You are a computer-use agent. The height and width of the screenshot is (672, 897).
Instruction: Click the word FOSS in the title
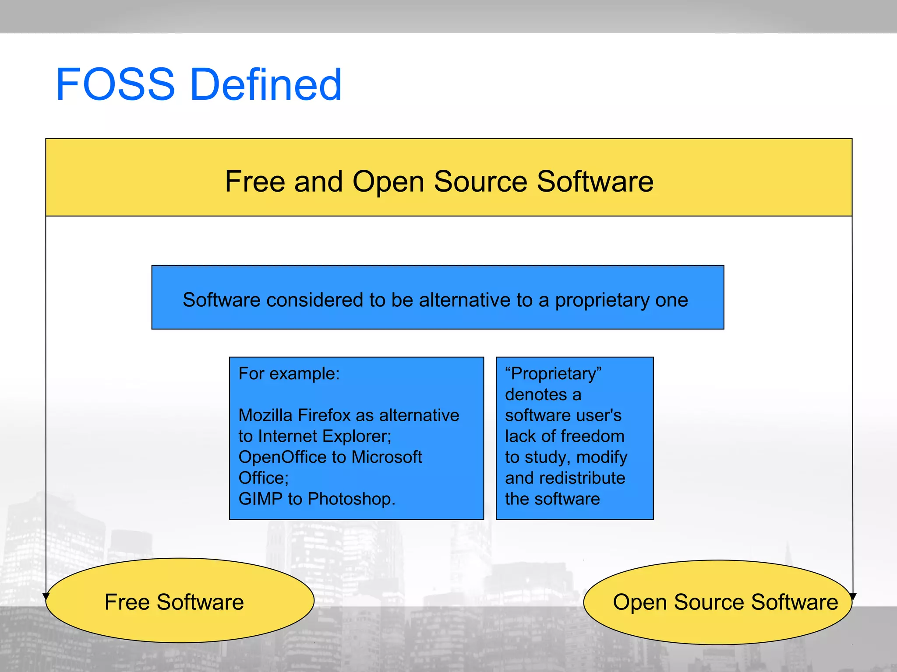(115, 84)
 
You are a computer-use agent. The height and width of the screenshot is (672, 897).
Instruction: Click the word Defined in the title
(266, 84)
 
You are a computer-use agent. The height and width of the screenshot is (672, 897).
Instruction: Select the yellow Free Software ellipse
(180, 600)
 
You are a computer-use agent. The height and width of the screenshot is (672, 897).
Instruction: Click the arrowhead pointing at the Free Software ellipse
(46, 596)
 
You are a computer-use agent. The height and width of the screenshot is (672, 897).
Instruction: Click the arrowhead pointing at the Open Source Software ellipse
(853, 596)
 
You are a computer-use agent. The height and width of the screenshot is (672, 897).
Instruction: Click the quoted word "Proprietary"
(553, 374)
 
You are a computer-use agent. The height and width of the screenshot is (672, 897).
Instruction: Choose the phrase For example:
(289, 374)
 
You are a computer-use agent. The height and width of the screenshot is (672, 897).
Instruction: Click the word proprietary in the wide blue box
(602, 300)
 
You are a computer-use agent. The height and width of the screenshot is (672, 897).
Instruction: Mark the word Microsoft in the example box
(387, 457)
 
